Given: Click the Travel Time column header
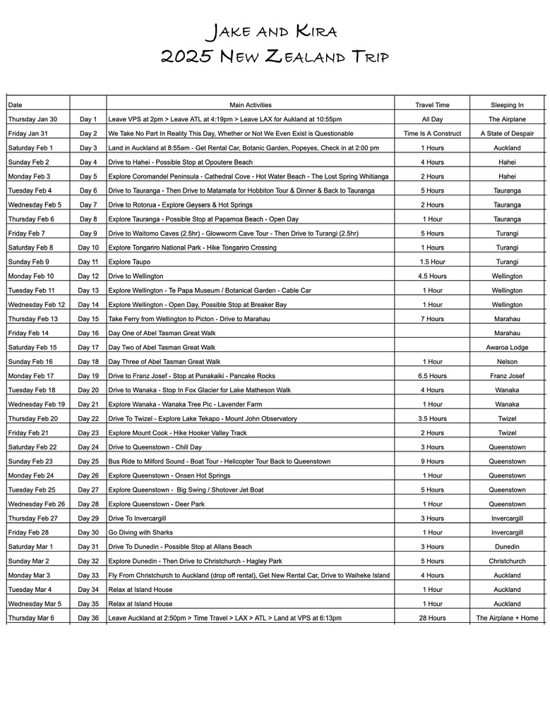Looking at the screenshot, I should [x=432, y=105].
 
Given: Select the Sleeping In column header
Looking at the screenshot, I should [x=507, y=105].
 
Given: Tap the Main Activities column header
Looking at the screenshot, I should [x=250, y=105].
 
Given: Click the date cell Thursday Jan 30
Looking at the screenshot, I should [x=32, y=120].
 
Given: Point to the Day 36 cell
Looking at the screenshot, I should [x=88, y=619].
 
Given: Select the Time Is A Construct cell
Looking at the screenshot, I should [x=432, y=134].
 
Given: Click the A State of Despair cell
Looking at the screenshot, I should [x=507, y=134].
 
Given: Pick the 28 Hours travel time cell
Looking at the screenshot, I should [x=432, y=619].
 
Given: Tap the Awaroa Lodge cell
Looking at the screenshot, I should [x=507, y=348].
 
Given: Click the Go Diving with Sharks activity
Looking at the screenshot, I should [x=141, y=533].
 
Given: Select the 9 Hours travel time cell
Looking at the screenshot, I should [x=432, y=461].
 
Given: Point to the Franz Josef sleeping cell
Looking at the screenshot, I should [x=507, y=376].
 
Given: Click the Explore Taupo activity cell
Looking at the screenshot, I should [x=128, y=262].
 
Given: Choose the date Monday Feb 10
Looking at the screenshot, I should [x=31, y=276].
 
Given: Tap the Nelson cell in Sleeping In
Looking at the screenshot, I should [x=507, y=362].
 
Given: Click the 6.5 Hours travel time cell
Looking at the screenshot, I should [x=432, y=376].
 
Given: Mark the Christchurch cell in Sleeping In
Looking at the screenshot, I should [x=507, y=561].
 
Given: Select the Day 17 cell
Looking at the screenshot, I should [x=88, y=348].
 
